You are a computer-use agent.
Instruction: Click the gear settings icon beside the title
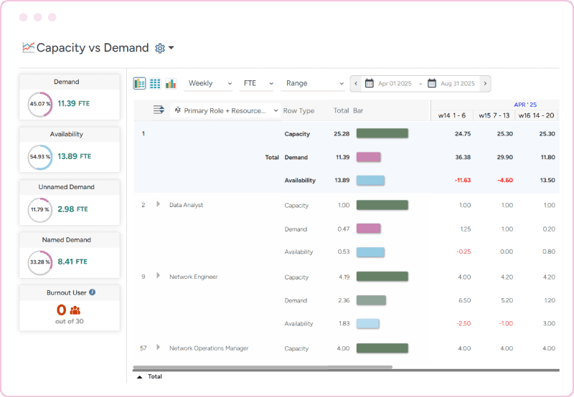(x=160, y=48)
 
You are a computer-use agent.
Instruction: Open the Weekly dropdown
(x=209, y=83)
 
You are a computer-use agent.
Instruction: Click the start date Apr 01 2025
(x=395, y=84)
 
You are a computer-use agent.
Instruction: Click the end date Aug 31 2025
(x=457, y=84)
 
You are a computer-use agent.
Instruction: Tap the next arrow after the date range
(x=486, y=83)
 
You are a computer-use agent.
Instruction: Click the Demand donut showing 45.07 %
(x=39, y=104)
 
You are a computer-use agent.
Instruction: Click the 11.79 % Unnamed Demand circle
(x=39, y=209)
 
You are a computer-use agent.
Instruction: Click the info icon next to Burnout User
(x=93, y=292)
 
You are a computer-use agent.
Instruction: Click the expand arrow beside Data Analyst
(x=158, y=205)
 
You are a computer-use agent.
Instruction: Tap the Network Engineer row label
(x=193, y=277)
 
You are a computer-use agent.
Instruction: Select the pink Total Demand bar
(x=368, y=157)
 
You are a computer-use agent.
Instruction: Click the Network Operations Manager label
(x=209, y=348)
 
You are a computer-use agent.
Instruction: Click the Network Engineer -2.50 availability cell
(x=463, y=324)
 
